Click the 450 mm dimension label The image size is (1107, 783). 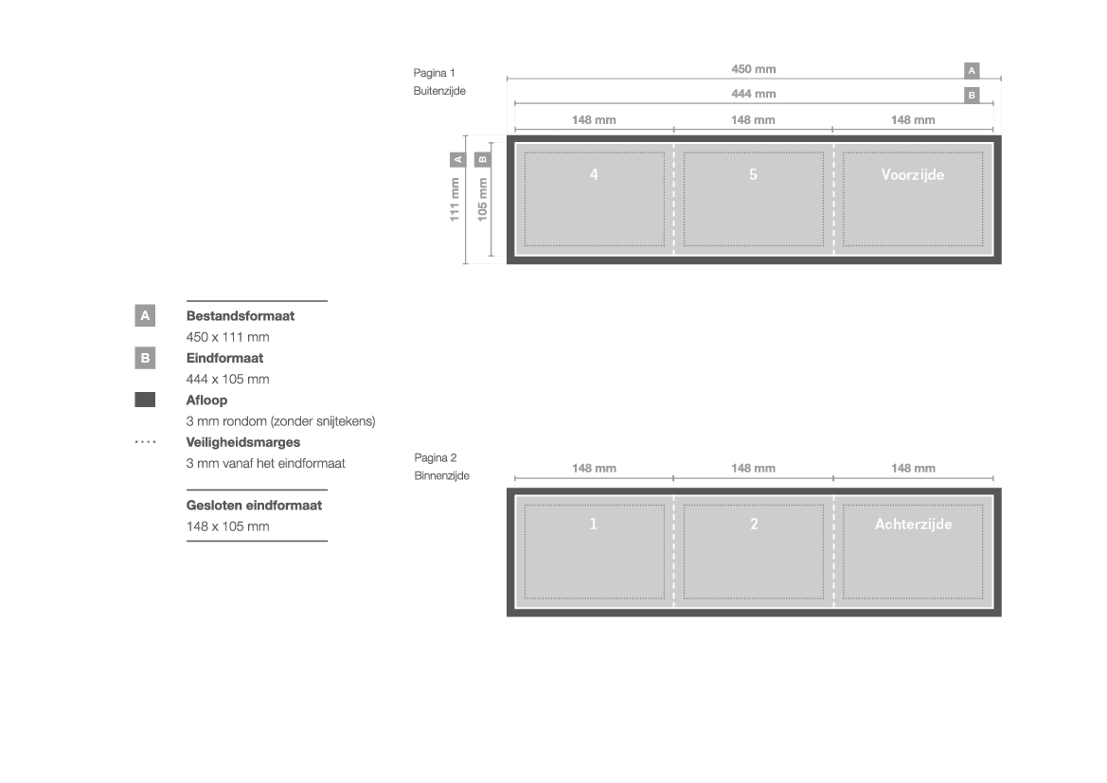753,69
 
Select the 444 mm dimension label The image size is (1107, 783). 753,94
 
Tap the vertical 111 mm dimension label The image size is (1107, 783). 455,199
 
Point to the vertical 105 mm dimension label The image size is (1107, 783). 482,199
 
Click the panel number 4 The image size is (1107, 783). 594,174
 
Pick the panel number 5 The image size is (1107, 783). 753,174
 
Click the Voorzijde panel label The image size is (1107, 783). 913,175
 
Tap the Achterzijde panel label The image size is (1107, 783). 914,524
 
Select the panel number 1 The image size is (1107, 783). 593,524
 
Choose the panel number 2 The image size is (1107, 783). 754,524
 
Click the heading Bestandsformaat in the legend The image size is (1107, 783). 240,316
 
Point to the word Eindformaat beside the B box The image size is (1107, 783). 224,358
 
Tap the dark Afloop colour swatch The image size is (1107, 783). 145,400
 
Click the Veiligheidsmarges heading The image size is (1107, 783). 242,443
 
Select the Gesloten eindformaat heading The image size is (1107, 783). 254,506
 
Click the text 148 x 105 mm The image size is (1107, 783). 228,526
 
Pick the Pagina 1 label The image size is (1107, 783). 435,73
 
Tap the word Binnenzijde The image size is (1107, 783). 442,476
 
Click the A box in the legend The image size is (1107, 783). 145,315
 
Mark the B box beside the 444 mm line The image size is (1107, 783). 972,96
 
